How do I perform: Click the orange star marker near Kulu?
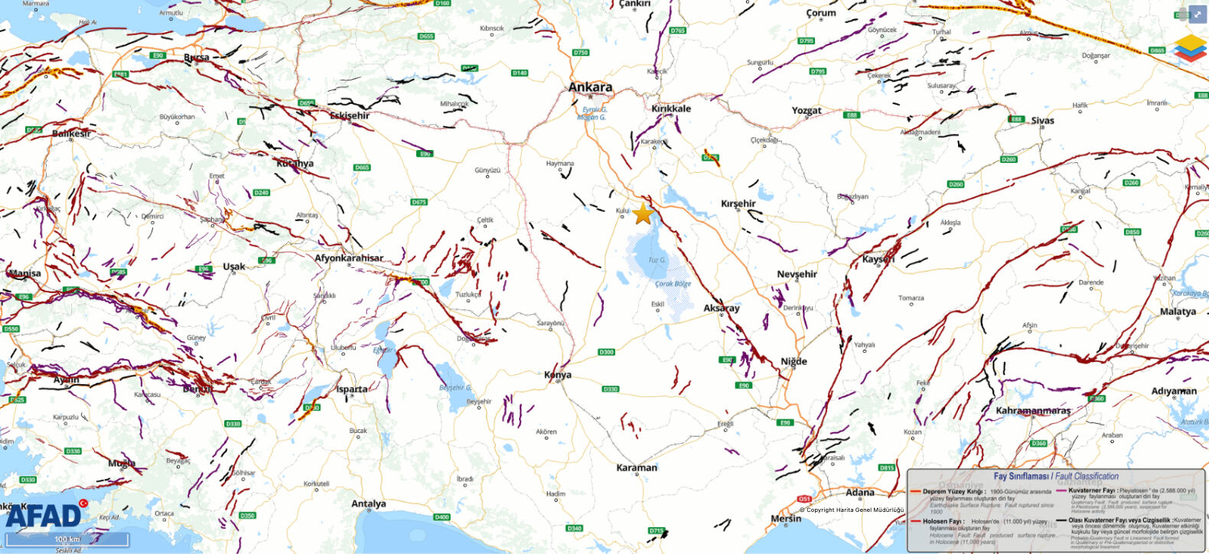tap(643, 214)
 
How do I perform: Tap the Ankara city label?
tap(590, 87)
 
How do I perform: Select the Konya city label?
tap(558, 375)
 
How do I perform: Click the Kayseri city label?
tap(878, 259)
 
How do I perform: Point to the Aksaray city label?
tap(722, 308)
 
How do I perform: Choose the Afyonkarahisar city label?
tap(349, 259)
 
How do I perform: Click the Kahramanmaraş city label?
tap(1033, 411)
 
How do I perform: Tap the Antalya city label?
tap(368, 503)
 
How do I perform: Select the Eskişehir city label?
tap(350, 116)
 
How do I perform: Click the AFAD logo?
tap(44, 516)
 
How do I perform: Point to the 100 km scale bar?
tap(67, 539)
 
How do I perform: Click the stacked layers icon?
tap(1189, 48)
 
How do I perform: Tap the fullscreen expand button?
tap(1198, 14)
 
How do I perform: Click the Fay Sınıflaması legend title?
tap(1056, 476)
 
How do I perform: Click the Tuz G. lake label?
tap(657, 260)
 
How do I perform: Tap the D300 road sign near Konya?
tap(606, 352)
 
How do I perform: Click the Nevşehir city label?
tap(797, 274)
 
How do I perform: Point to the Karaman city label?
tap(637, 468)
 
